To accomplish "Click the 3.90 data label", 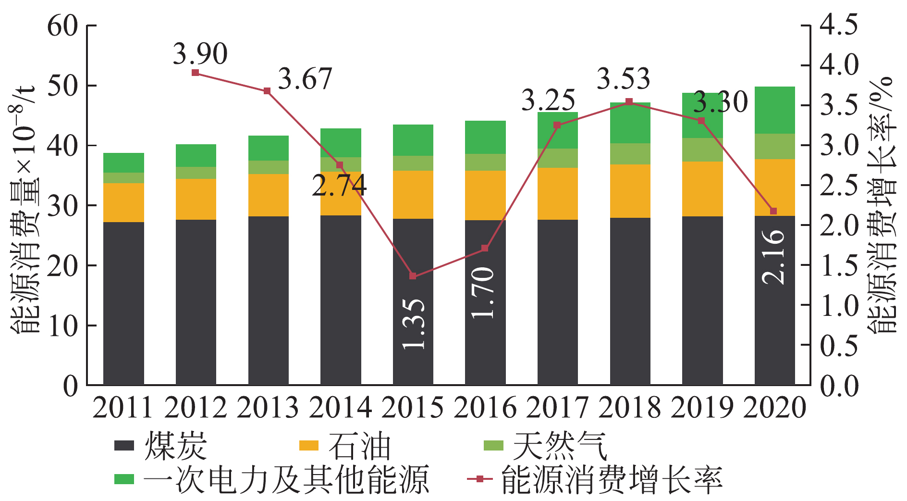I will [x=200, y=54].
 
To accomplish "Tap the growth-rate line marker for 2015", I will [x=413, y=276].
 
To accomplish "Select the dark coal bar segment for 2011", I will [x=123, y=303].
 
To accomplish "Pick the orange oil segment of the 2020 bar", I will [x=774, y=188].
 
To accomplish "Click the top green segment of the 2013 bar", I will [x=269, y=148].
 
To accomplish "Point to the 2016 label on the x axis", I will [x=485, y=408].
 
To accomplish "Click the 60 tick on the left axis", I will [x=62, y=26].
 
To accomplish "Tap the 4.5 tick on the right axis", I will [x=838, y=25].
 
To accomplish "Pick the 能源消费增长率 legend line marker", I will [x=479, y=479].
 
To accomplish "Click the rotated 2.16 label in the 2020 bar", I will [x=773, y=257].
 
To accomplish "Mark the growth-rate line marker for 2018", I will [x=629, y=102].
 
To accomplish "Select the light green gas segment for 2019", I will [x=702, y=150].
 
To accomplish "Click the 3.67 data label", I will [x=305, y=79].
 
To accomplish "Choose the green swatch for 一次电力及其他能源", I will [x=124, y=479].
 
